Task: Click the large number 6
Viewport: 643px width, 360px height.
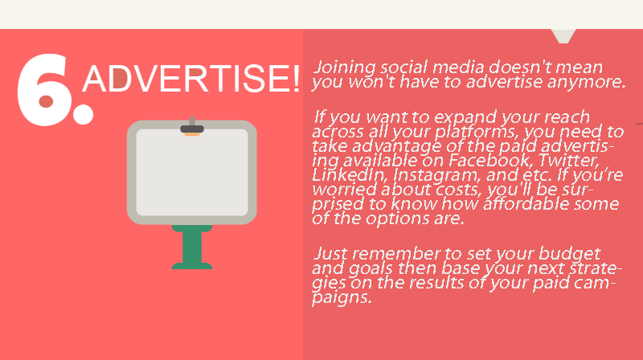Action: (x=43, y=89)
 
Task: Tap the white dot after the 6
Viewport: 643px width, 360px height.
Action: (x=84, y=114)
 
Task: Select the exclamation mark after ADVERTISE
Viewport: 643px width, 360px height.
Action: (x=297, y=78)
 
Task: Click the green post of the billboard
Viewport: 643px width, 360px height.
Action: (x=192, y=247)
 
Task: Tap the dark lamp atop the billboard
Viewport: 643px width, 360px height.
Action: (x=192, y=128)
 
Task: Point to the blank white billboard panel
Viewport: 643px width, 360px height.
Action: (x=192, y=172)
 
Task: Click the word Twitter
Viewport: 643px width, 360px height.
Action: (x=568, y=160)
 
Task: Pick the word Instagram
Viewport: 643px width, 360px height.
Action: (x=436, y=176)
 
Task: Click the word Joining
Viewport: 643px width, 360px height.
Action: (x=345, y=67)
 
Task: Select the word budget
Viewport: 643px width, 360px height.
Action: (x=569, y=254)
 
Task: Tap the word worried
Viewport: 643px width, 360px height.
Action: (x=345, y=190)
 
